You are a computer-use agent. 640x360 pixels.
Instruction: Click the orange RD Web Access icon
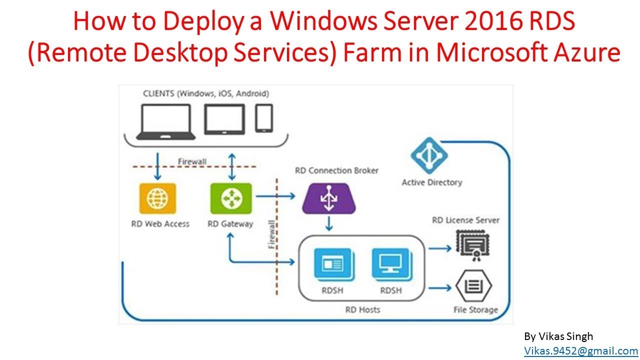tap(157, 198)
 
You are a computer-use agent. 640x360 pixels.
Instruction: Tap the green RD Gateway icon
tap(231, 198)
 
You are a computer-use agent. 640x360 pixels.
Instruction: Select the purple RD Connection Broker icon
tap(329, 198)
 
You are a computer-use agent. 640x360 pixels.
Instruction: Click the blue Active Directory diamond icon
tap(429, 155)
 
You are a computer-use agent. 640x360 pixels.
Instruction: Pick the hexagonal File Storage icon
tap(473, 285)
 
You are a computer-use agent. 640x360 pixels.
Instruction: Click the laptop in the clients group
tap(166, 122)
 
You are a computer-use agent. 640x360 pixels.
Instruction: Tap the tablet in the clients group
tap(224, 119)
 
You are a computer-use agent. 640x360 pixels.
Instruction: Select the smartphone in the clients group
tap(264, 118)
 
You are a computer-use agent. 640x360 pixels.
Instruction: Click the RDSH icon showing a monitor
tap(392, 264)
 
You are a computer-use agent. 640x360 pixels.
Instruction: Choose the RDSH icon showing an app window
tap(334, 264)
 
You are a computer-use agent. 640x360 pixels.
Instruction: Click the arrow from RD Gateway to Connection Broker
tap(275, 196)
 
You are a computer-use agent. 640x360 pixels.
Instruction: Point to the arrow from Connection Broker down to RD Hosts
tap(329, 223)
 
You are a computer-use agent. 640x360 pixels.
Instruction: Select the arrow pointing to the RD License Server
tap(440, 248)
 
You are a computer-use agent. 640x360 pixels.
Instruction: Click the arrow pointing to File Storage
tap(440, 288)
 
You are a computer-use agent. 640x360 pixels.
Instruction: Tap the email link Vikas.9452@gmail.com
tap(581, 350)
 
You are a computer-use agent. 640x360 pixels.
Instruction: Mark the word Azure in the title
tap(587, 52)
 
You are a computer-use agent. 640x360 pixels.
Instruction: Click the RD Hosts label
tap(362, 309)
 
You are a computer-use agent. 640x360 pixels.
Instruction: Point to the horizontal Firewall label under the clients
tap(192, 161)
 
